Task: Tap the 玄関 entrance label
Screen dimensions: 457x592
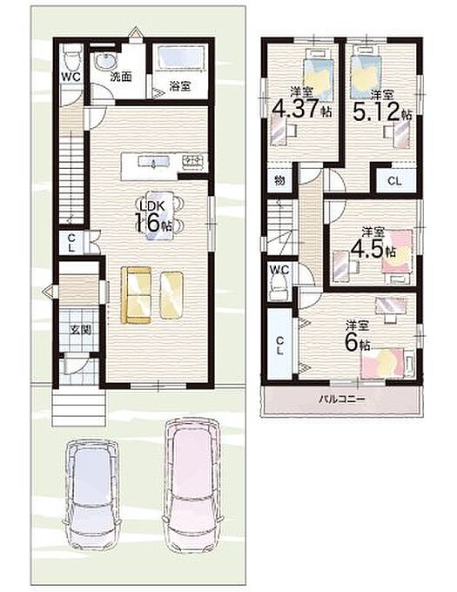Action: click(x=80, y=330)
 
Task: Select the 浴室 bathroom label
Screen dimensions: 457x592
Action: click(x=179, y=86)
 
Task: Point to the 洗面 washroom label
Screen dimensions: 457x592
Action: click(x=121, y=77)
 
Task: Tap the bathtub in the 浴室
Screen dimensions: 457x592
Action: click(x=179, y=57)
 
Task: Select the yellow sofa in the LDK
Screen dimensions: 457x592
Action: click(x=136, y=295)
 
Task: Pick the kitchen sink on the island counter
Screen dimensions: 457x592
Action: click(x=154, y=162)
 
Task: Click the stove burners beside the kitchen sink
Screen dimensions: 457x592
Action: click(x=194, y=161)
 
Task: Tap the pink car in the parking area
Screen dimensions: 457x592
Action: click(x=191, y=484)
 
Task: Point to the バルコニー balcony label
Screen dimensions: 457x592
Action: click(x=342, y=399)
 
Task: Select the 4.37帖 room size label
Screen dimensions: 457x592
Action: click(x=302, y=109)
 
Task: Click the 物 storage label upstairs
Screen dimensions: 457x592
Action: click(x=279, y=181)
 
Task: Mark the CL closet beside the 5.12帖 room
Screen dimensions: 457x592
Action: click(x=394, y=181)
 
